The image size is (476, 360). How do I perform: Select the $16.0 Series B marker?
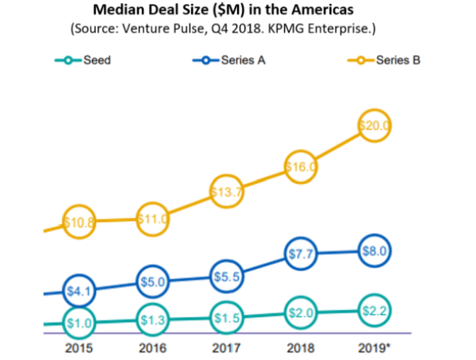301,167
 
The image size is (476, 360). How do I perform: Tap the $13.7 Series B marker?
228,192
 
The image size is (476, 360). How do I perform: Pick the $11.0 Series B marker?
153,218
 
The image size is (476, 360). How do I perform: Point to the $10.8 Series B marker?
79,223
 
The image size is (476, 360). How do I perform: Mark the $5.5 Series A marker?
228,276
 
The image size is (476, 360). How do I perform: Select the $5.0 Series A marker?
153,281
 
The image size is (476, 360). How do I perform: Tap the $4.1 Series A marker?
79,290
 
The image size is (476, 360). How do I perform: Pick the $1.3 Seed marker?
153,320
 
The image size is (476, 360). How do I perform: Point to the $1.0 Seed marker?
79,323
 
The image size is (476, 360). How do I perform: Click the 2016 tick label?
153,347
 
